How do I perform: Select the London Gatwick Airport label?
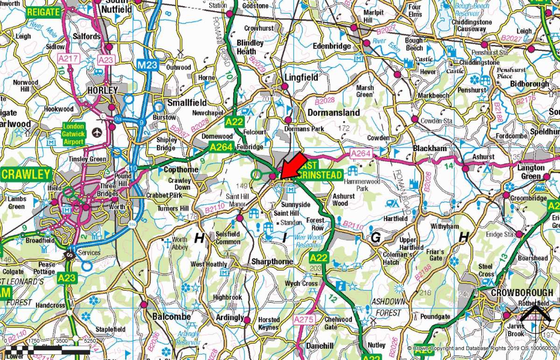point(74,134)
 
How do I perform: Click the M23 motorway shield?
point(147,65)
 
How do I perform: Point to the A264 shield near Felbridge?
point(220,147)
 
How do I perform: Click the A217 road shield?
point(70,59)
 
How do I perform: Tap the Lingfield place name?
point(301,77)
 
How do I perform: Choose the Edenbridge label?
point(332,46)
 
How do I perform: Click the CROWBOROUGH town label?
point(522,292)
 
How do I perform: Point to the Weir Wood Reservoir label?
point(309,241)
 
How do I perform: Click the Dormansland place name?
point(334,112)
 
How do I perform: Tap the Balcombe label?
point(172,317)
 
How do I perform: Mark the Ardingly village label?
point(230,318)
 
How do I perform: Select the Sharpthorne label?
point(272,262)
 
